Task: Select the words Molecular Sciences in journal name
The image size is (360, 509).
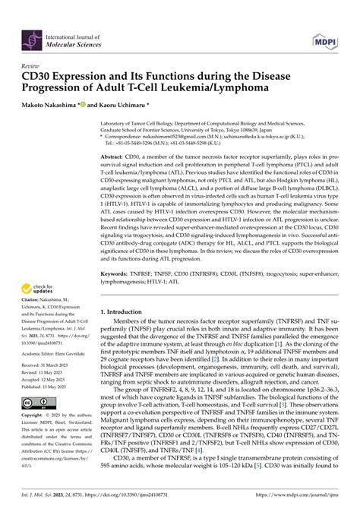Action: tap(90, 41)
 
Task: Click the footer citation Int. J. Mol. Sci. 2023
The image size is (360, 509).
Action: tap(51, 502)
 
